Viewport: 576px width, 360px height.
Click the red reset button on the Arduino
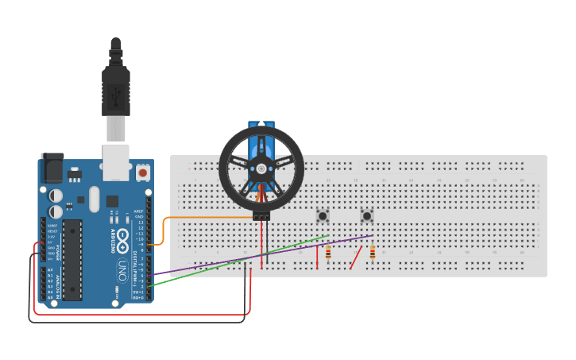click(143, 172)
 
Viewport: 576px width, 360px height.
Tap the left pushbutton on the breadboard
click(323, 216)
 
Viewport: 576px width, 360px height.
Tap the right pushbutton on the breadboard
click(367, 216)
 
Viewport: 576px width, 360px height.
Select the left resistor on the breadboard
click(328, 253)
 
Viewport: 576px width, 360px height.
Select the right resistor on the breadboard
click(373, 253)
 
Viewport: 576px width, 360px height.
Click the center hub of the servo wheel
click(261, 168)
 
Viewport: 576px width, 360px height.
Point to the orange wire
click(207, 218)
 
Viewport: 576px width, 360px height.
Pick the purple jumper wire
click(262, 254)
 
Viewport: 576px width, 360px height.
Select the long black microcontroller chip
click(72, 260)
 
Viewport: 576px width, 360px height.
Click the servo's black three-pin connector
click(261, 215)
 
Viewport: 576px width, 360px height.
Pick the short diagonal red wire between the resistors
click(357, 257)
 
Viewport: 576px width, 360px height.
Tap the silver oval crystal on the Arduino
click(95, 199)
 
